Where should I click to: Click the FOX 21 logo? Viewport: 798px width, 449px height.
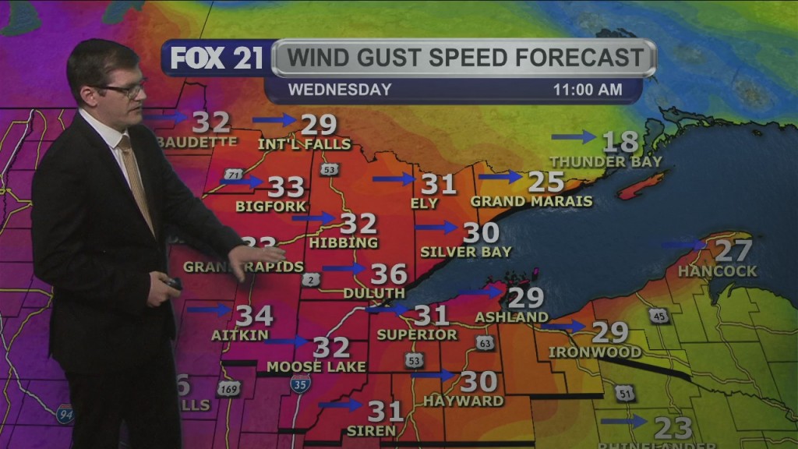pos(216,58)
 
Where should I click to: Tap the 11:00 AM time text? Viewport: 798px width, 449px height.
pos(588,90)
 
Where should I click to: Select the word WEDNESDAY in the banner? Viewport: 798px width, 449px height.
pos(340,90)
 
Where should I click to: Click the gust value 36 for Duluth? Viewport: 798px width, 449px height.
pos(388,274)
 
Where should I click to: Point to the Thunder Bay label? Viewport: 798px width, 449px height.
pos(606,161)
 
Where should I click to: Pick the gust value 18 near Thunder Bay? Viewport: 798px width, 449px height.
pos(620,142)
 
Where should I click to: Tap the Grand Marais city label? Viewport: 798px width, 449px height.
pos(531,201)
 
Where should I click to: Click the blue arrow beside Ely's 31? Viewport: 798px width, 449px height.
pos(394,179)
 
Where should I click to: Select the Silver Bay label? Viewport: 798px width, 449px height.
pos(465,252)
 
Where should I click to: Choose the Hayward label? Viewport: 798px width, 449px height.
pos(464,401)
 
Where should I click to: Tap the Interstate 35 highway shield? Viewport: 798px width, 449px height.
pos(300,383)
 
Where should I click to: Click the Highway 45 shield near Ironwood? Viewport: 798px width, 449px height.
pos(658,315)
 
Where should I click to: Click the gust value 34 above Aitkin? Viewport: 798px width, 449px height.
pos(254,315)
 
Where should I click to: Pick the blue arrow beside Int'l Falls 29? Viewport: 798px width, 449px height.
pos(274,120)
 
